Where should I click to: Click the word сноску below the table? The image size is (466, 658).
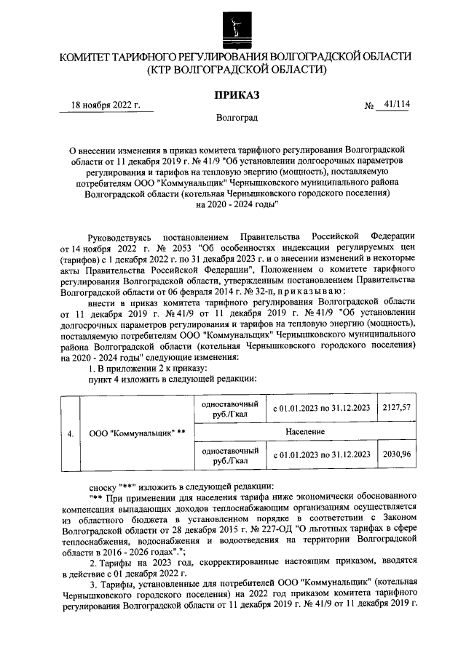[x=104, y=486]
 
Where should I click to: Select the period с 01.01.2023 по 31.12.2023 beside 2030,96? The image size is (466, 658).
[x=321, y=454]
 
